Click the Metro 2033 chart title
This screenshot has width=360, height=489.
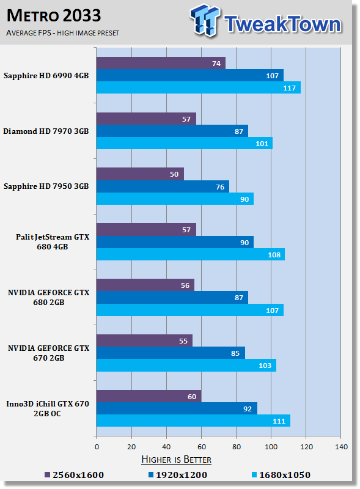tap(54, 16)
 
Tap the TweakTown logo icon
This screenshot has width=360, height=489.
tap(205, 20)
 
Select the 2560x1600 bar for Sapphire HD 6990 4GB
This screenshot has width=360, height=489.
tap(161, 63)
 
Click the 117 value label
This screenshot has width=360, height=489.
tap(289, 88)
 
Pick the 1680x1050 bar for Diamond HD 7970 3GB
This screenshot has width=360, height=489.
tap(185, 143)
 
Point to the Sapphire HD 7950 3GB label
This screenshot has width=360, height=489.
tap(46, 186)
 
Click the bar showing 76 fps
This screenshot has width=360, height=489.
tap(163, 186)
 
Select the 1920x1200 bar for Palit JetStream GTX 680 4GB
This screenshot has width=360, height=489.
tap(175, 242)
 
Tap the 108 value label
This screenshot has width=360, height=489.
tap(274, 255)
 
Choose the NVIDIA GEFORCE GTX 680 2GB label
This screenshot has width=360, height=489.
tap(49, 298)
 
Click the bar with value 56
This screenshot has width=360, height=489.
tap(145, 285)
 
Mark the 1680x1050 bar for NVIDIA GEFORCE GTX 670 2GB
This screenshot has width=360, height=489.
tap(186, 365)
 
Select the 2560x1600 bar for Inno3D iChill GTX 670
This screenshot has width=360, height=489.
tap(149, 396)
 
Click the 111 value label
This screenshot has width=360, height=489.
tap(279, 421)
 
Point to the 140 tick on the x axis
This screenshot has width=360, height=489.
tap(341, 447)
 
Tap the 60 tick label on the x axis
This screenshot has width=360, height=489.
tap(202, 447)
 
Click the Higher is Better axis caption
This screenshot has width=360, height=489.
tap(176, 460)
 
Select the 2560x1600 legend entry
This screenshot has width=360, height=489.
tap(74, 475)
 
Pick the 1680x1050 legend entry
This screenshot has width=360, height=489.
tap(281, 475)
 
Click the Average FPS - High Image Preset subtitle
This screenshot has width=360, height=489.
tap(62, 33)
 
